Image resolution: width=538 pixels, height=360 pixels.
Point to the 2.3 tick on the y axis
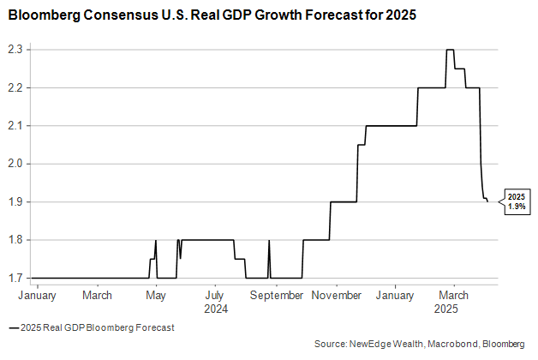pyautogui.click(x=15, y=50)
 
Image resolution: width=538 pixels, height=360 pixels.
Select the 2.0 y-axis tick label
pyautogui.click(x=15, y=164)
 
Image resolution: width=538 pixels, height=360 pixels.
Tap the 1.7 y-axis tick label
pyautogui.click(x=15, y=278)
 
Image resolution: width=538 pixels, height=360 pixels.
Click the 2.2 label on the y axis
pyautogui.click(x=15, y=87)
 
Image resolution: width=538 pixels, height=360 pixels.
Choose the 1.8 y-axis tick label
pyautogui.click(x=15, y=240)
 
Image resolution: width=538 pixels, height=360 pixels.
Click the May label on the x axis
pyautogui.click(x=155, y=295)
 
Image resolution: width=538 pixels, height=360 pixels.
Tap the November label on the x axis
pyautogui.click(x=337, y=295)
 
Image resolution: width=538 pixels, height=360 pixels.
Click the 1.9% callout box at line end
pyautogui.click(x=515, y=201)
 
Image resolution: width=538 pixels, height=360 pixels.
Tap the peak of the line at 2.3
pyautogui.click(x=450, y=50)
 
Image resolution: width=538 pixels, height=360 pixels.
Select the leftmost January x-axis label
pyautogui.click(x=38, y=295)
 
